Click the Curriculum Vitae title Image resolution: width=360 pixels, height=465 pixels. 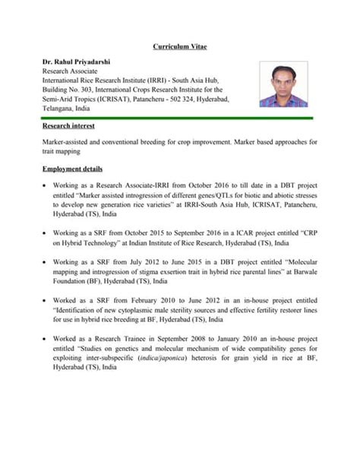pos(179,46)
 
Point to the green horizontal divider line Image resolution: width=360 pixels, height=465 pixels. pos(179,117)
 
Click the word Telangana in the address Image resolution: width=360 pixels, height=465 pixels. pos(61,108)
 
